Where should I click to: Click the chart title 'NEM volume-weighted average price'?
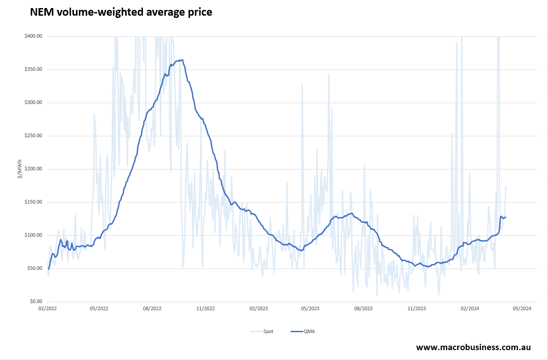[x=121, y=13]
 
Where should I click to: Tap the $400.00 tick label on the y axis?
[x=33, y=36]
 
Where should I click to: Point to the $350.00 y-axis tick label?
[x=33, y=69]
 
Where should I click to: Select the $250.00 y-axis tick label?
[x=33, y=136]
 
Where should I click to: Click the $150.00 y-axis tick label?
[x=33, y=202]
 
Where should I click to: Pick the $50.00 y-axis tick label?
[x=34, y=269]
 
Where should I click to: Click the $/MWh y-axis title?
[x=20, y=169]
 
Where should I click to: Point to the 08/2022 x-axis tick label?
[x=152, y=308]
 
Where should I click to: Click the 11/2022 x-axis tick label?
[x=205, y=308]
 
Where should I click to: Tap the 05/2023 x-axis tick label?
[x=311, y=308]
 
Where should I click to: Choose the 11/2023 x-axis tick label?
[x=416, y=308]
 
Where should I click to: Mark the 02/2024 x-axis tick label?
[x=469, y=308]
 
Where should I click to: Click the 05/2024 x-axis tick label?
[x=522, y=308]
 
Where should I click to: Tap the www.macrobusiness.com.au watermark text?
[x=473, y=347]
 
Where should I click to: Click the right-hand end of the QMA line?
[x=506, y=217]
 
